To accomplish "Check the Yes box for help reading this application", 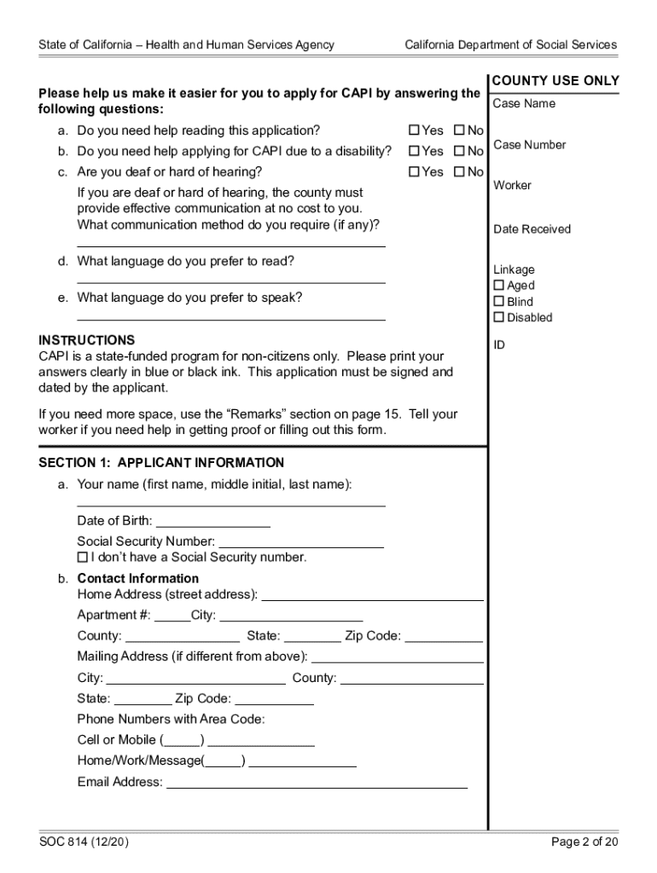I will click(x=415, y=130).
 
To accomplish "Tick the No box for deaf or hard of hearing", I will click(x=459, y=172).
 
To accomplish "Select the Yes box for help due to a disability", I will click(x=415, y=151).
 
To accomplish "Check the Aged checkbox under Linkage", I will click(x=499, y=286).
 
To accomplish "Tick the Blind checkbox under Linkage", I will click(x=499, y=302).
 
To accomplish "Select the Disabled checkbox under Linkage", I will click(x=499, y=317).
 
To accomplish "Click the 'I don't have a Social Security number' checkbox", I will click(x=83, y=558).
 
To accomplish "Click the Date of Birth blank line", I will click(x=212, y=521).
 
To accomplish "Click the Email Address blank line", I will click(x=317, y=782).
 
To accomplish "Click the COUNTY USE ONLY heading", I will click(x=555, y=81).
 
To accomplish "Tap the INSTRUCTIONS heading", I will click(x=86, y=339).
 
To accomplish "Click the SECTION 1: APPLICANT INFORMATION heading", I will click(x=161, y=463).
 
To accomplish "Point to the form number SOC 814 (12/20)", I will click(x=84, y=842).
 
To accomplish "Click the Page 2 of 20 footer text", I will click(x=584, y=842).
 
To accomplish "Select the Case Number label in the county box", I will click(x=529, y=145).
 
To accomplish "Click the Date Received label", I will click(x=532, y=229).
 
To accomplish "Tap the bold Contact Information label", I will click(x=137, y=578).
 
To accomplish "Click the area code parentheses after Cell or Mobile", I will click(x=182, y=740).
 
